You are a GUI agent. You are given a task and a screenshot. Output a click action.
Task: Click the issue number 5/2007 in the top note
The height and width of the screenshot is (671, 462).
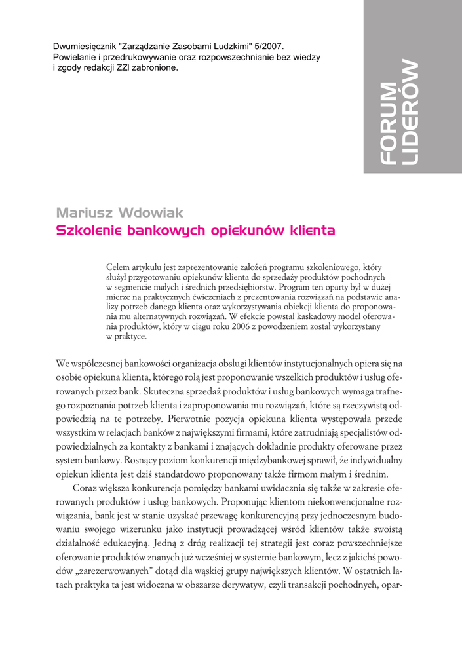coord(268,47)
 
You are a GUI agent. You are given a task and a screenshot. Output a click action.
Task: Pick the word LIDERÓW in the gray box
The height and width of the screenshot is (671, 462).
coord(410,111)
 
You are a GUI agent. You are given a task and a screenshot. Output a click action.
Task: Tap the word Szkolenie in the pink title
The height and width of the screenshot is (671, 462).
coord(87,231)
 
